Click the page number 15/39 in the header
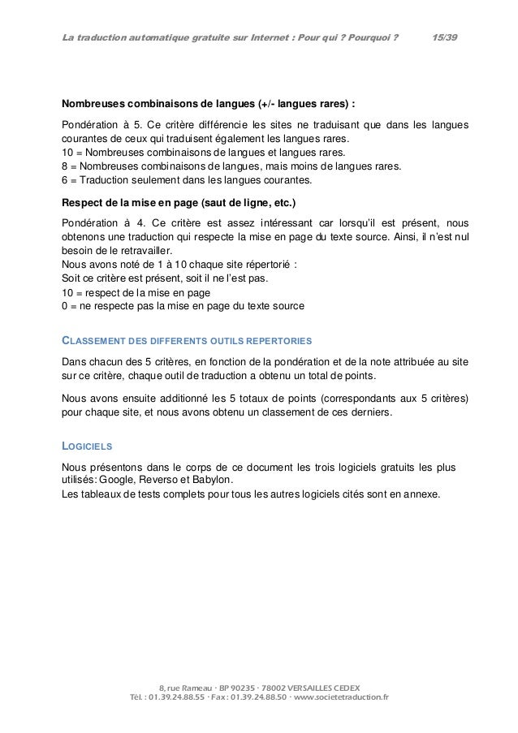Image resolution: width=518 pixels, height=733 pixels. (444, 16)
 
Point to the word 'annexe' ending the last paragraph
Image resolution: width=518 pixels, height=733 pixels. (419, 493)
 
